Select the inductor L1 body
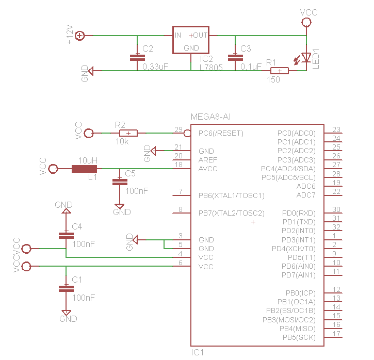pyautogui.click(x=84, y=169)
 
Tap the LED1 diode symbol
pyautogui.click(x=306, y=57)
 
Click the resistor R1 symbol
pyautogui.click(x=279, y=71)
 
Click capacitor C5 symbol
pyautogui.click(x=120, y=182)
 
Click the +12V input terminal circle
pyautogui.click(x=80, y=36)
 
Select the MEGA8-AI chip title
pyautogui.click(x=210, y=117)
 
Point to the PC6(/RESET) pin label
pyautogui.click(x=220, y=133)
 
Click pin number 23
pyautogui.click(x=336, y=130)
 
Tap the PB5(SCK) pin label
pyautogui.click(x=299, y=337)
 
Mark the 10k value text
pyautogui.click(x=123, y=141)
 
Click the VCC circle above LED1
pyautogui.click(x=306, y=22)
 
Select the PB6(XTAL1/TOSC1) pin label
pyautogui.click(x=231, y=195)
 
